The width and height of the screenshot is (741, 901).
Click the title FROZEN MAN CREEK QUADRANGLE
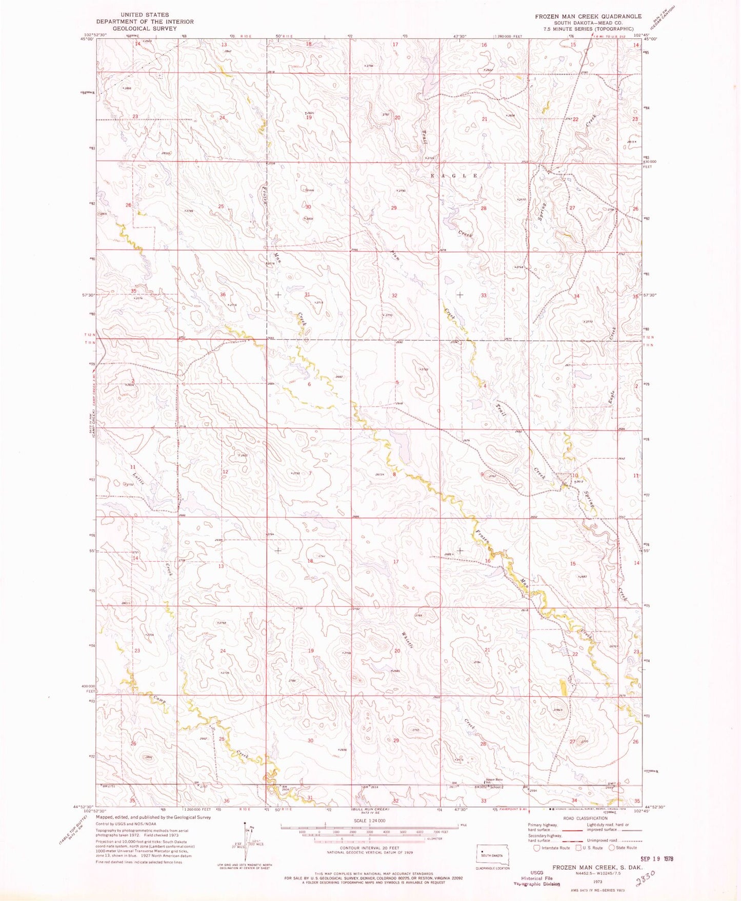point(588,16)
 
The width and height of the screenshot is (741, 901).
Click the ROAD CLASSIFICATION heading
point(585,818)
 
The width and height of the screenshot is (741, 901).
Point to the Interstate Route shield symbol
point(537,847)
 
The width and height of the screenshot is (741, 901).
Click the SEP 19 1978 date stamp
point(657,858)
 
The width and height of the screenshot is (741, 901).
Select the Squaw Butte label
point(494,780)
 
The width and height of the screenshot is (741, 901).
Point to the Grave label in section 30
point(309,190)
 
